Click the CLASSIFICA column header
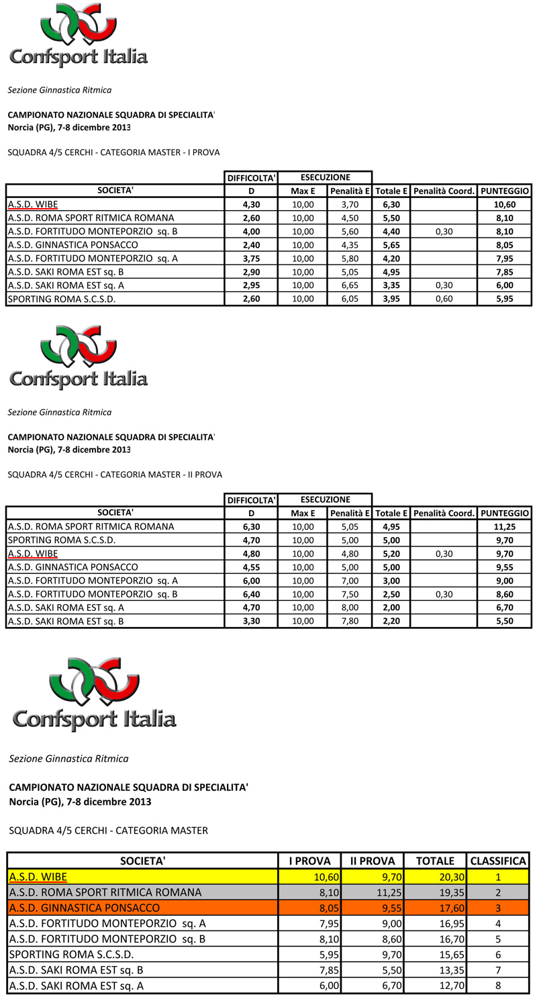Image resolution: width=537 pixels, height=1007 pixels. (498, 860)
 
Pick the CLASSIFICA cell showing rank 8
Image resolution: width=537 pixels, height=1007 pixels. (498, 986)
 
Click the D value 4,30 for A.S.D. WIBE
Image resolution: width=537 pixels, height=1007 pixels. (250, 205)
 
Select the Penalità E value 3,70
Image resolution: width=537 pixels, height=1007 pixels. (349, 205)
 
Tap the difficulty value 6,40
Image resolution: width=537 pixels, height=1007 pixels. (250, 593)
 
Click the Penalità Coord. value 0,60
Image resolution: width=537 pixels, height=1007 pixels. (444, 299)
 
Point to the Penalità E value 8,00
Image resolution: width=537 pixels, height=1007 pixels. (349, 607)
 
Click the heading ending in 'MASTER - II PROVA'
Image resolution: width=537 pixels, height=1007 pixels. (114, 475)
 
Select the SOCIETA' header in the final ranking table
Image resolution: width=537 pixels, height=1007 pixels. (142, 860)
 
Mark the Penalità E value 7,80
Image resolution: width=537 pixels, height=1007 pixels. (349, 620)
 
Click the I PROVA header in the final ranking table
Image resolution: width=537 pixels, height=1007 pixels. (309, 860)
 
